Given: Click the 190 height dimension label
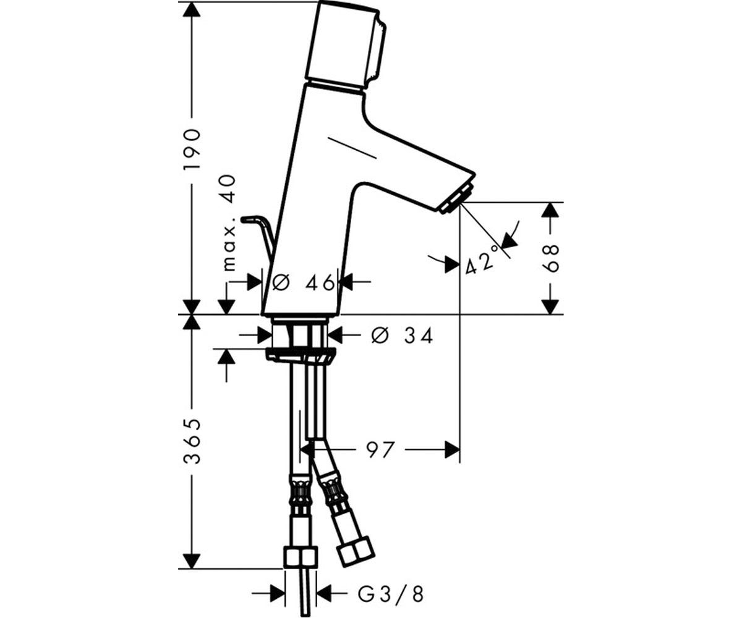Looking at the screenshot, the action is pos(192,150).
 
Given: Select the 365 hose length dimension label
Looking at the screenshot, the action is pos(192,441).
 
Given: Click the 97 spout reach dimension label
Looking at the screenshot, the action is pos(381,451).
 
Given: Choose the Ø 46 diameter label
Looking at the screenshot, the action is pos(304,282).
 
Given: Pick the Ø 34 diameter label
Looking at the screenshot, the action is pos(402,336).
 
